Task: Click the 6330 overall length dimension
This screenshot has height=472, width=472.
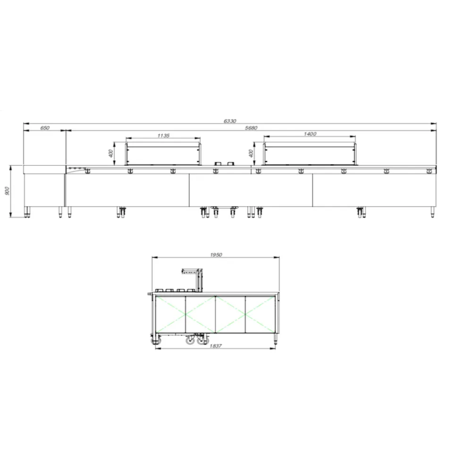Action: click(x=230, y=121)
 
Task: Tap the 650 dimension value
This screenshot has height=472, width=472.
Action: click(x=44, y=128)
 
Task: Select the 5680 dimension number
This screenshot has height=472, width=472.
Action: click(x=251, y=128)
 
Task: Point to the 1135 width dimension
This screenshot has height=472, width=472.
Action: click(x=163, y=136)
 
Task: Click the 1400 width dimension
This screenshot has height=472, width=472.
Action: click(x=310, y=134)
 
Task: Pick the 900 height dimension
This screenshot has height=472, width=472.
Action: click(x=8, y=191)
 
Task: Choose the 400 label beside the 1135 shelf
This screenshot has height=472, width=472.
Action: click(x=111, y=153)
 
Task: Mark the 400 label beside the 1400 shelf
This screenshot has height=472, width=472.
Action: click(x=251, y=153)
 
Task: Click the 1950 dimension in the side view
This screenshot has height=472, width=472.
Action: click(x=216, y=255)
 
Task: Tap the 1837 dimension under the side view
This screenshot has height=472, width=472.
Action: click(x=216, y=346)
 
